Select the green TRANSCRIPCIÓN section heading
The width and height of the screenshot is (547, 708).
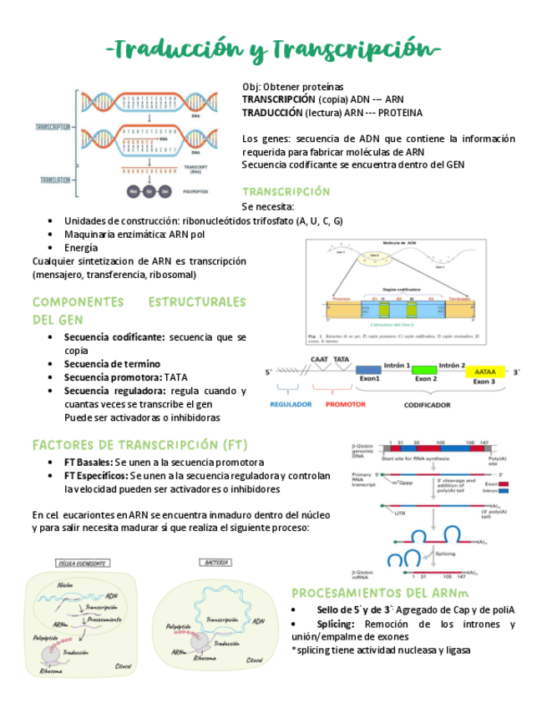point(286,191)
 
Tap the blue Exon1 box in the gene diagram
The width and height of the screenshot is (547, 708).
point(369,370)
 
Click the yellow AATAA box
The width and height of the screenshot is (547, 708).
point(484,371)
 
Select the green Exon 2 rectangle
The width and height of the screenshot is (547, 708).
point(426,370)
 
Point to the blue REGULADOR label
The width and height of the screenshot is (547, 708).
point(291,404)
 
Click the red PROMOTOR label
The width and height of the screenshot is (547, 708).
point(345,404)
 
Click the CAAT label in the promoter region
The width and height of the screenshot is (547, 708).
point(319,359)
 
